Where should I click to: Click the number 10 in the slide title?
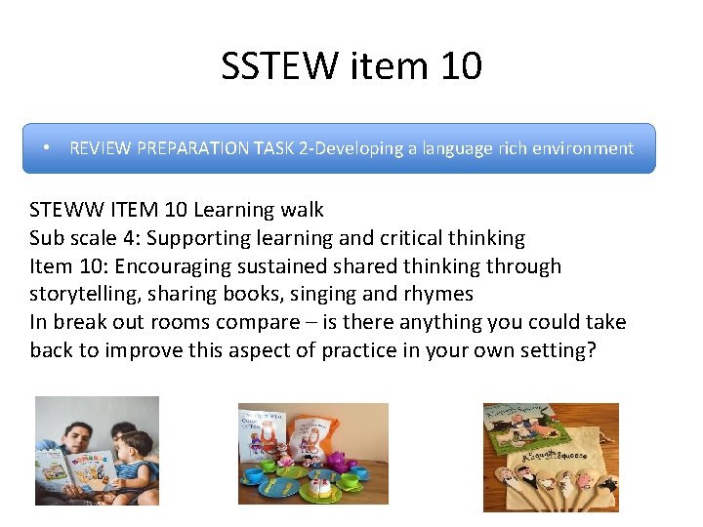pyautogui.click(x=462, y=66)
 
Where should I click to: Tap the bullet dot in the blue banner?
pyautogui.click(x=47, y=148)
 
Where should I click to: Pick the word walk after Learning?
pyautogui.click(x=301, y=210)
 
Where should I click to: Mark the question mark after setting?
pyautogui.click(x=590, y=350)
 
